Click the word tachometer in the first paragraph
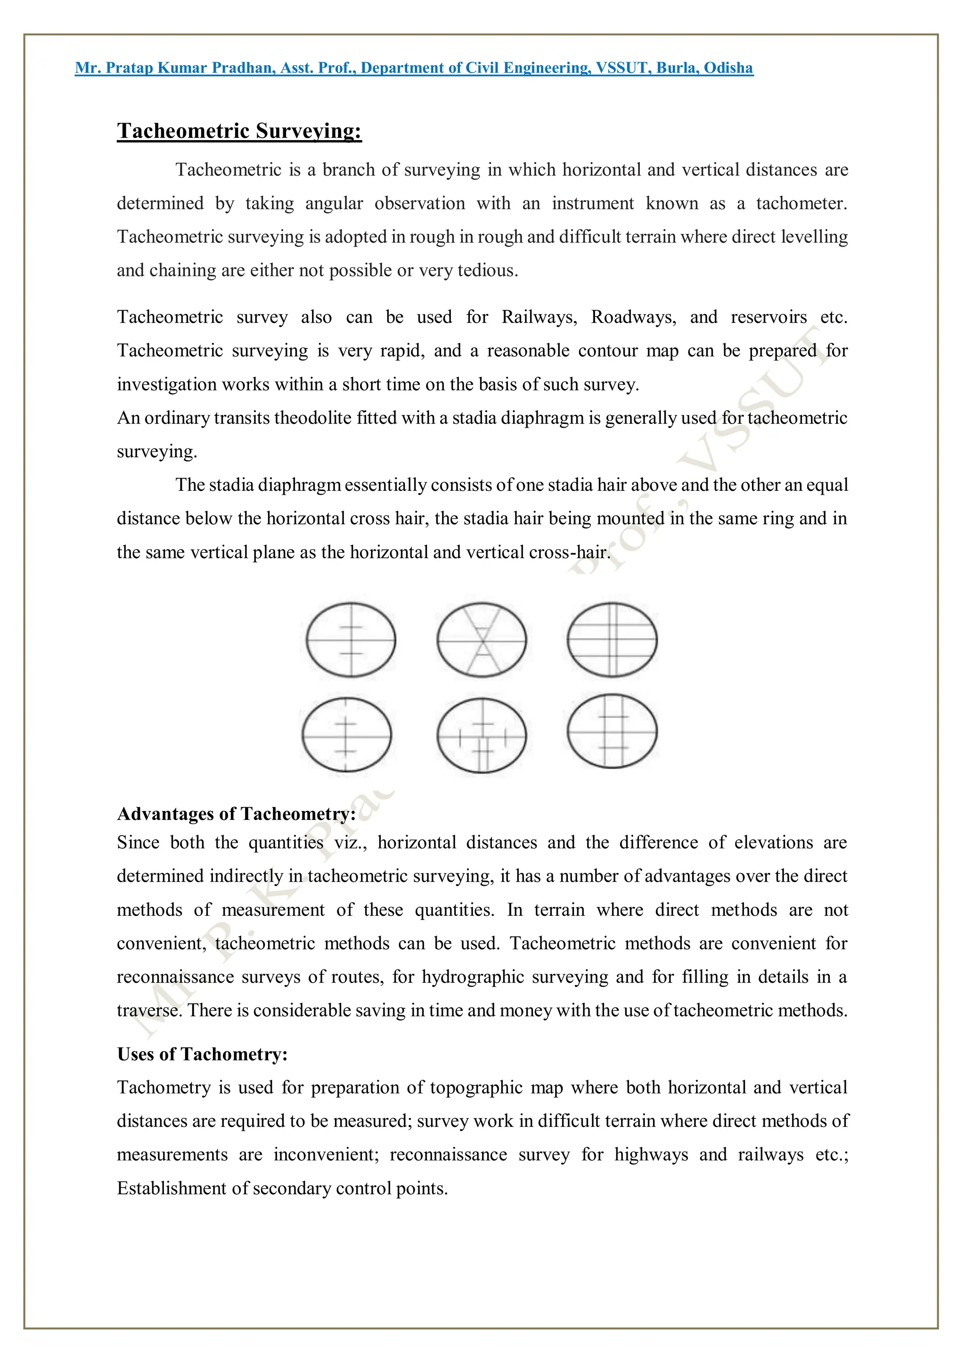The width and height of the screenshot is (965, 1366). [801, 204]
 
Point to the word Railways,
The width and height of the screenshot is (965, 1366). [539, 317]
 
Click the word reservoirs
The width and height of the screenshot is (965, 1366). [768, 317]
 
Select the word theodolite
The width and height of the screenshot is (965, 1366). [313, 418]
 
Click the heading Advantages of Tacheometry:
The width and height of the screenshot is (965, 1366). [236, 814]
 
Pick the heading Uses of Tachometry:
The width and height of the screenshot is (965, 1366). [202, 1054]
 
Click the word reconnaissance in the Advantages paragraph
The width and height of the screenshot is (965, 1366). [175, 977]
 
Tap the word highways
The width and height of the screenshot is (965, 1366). [651, 1155]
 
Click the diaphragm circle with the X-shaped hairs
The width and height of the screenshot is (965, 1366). [481, 640]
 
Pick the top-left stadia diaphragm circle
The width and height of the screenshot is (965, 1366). [351, 640]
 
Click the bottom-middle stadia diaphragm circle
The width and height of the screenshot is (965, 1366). [481, 736]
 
